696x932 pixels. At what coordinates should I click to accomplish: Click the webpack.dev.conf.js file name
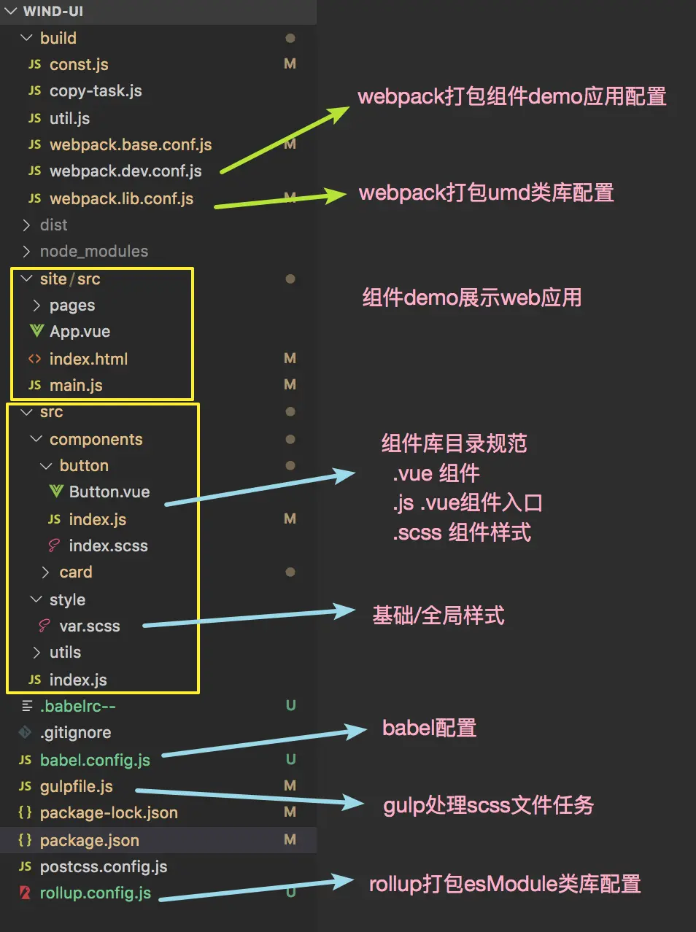125,171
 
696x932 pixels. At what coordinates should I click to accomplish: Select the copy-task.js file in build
95,91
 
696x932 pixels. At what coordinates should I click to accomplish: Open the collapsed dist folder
53,225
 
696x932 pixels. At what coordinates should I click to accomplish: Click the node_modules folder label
93,252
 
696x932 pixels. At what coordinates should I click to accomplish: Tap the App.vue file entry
80,332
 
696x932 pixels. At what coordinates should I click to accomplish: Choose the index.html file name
88,359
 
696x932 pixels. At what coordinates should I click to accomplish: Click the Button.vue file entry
109,492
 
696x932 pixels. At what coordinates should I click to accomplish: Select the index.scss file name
108,546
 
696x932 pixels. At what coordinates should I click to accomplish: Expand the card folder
75,572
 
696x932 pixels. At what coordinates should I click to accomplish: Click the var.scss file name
89,626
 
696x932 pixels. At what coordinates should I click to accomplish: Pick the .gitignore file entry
75,733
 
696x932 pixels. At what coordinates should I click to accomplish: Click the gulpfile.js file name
76,787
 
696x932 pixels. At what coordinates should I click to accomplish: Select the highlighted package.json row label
89,841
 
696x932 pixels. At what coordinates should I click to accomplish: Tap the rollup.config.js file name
95,893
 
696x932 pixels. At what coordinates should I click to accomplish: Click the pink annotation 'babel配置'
429,728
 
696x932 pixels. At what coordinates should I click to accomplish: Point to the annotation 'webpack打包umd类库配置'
486,193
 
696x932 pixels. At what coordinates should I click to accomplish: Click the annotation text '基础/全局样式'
438,615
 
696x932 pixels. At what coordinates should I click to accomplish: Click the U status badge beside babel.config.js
290,760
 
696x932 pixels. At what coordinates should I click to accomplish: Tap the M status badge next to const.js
290,64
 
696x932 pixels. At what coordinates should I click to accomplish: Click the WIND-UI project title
53,12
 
